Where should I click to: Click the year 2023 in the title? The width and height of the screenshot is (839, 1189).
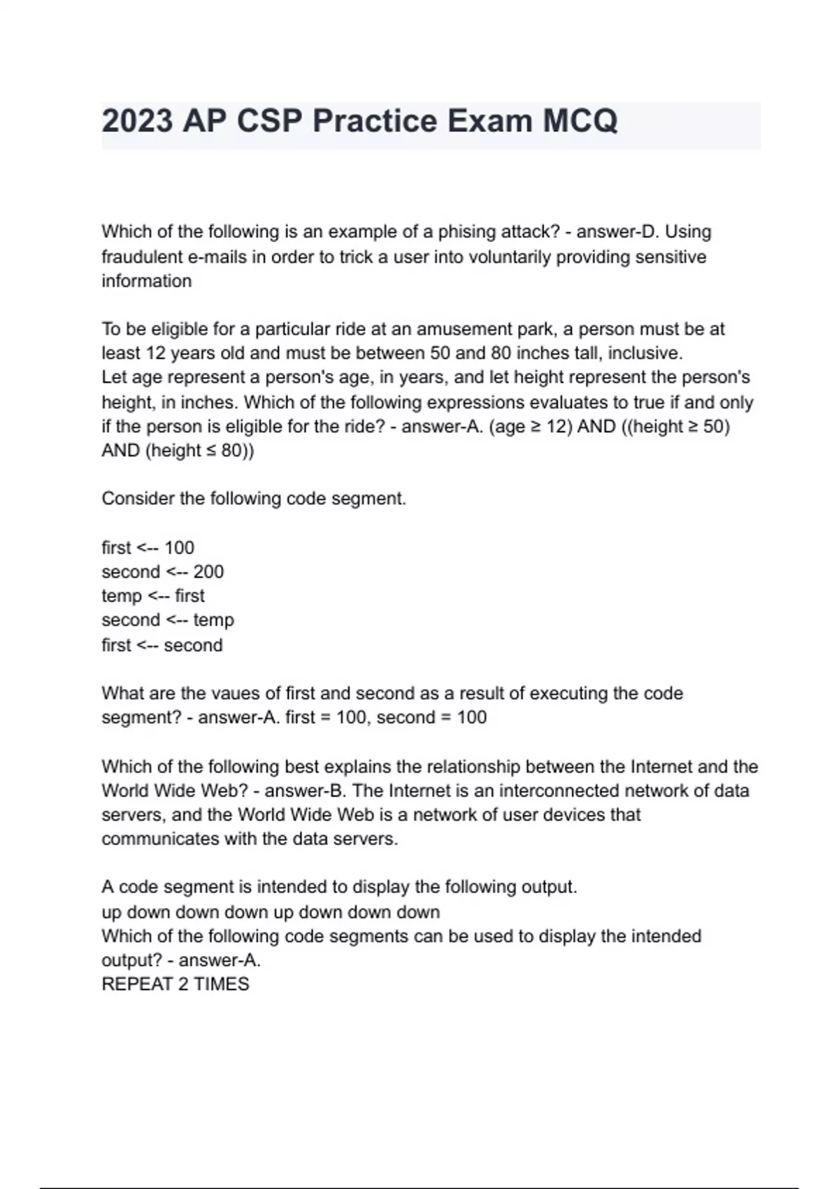tap(137, 121)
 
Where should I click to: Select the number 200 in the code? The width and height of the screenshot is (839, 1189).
tap(208, 571)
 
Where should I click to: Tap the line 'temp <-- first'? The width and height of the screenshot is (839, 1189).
tap(153, 596)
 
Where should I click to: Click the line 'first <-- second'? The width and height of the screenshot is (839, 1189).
tap(162, 645)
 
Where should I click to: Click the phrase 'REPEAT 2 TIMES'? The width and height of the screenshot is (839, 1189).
tap(175, 984)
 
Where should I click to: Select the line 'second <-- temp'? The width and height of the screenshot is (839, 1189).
tap(168, 620)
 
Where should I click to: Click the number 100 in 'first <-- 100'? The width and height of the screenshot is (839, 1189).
tap(179, 548)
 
